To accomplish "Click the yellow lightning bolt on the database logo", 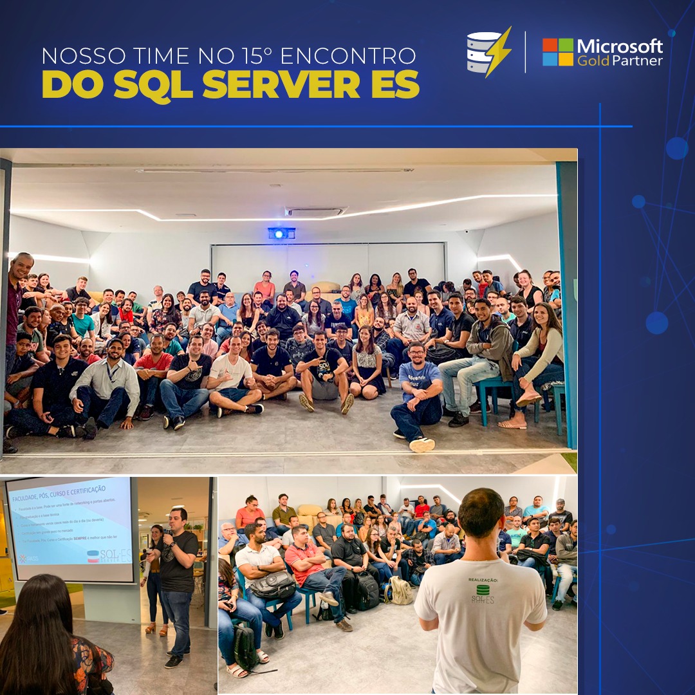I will coord(499,51).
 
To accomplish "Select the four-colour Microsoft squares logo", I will coord(557,51).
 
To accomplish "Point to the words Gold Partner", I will coord(619,60).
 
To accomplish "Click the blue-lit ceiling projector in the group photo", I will coord(281,232).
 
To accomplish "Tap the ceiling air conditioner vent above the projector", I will coord(315,212).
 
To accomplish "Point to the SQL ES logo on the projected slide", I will coord(109,555).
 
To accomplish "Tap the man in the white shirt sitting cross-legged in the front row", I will coord(230,380).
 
